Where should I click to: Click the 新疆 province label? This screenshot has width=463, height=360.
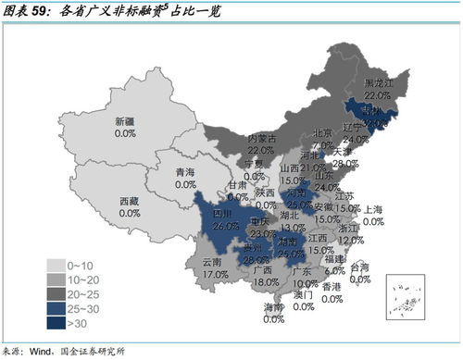[126, 121]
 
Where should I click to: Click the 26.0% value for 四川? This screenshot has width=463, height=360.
[225, 226]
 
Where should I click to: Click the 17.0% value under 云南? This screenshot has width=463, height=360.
[215, 275]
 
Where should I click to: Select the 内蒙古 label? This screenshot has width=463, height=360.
[261, 138]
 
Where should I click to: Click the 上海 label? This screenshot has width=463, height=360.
[375, 210]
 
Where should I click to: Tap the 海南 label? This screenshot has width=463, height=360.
[273, 306]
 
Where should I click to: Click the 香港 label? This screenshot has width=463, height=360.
[332, 287]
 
